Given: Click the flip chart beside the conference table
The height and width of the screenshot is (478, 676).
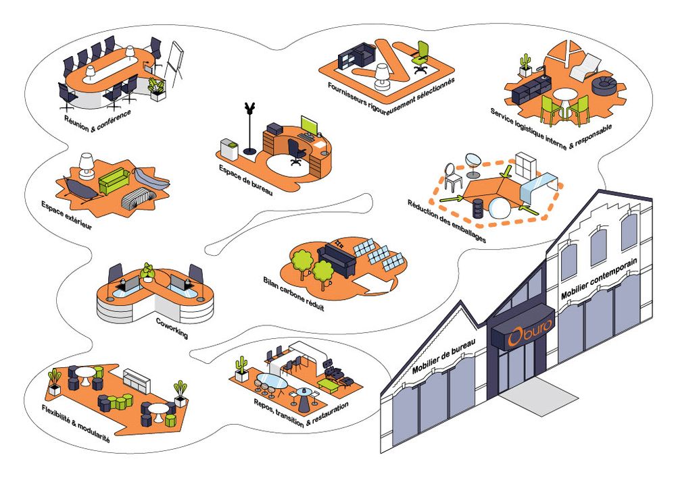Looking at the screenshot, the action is (174, 60).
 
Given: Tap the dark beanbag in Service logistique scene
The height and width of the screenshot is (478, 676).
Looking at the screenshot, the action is (602, 86).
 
